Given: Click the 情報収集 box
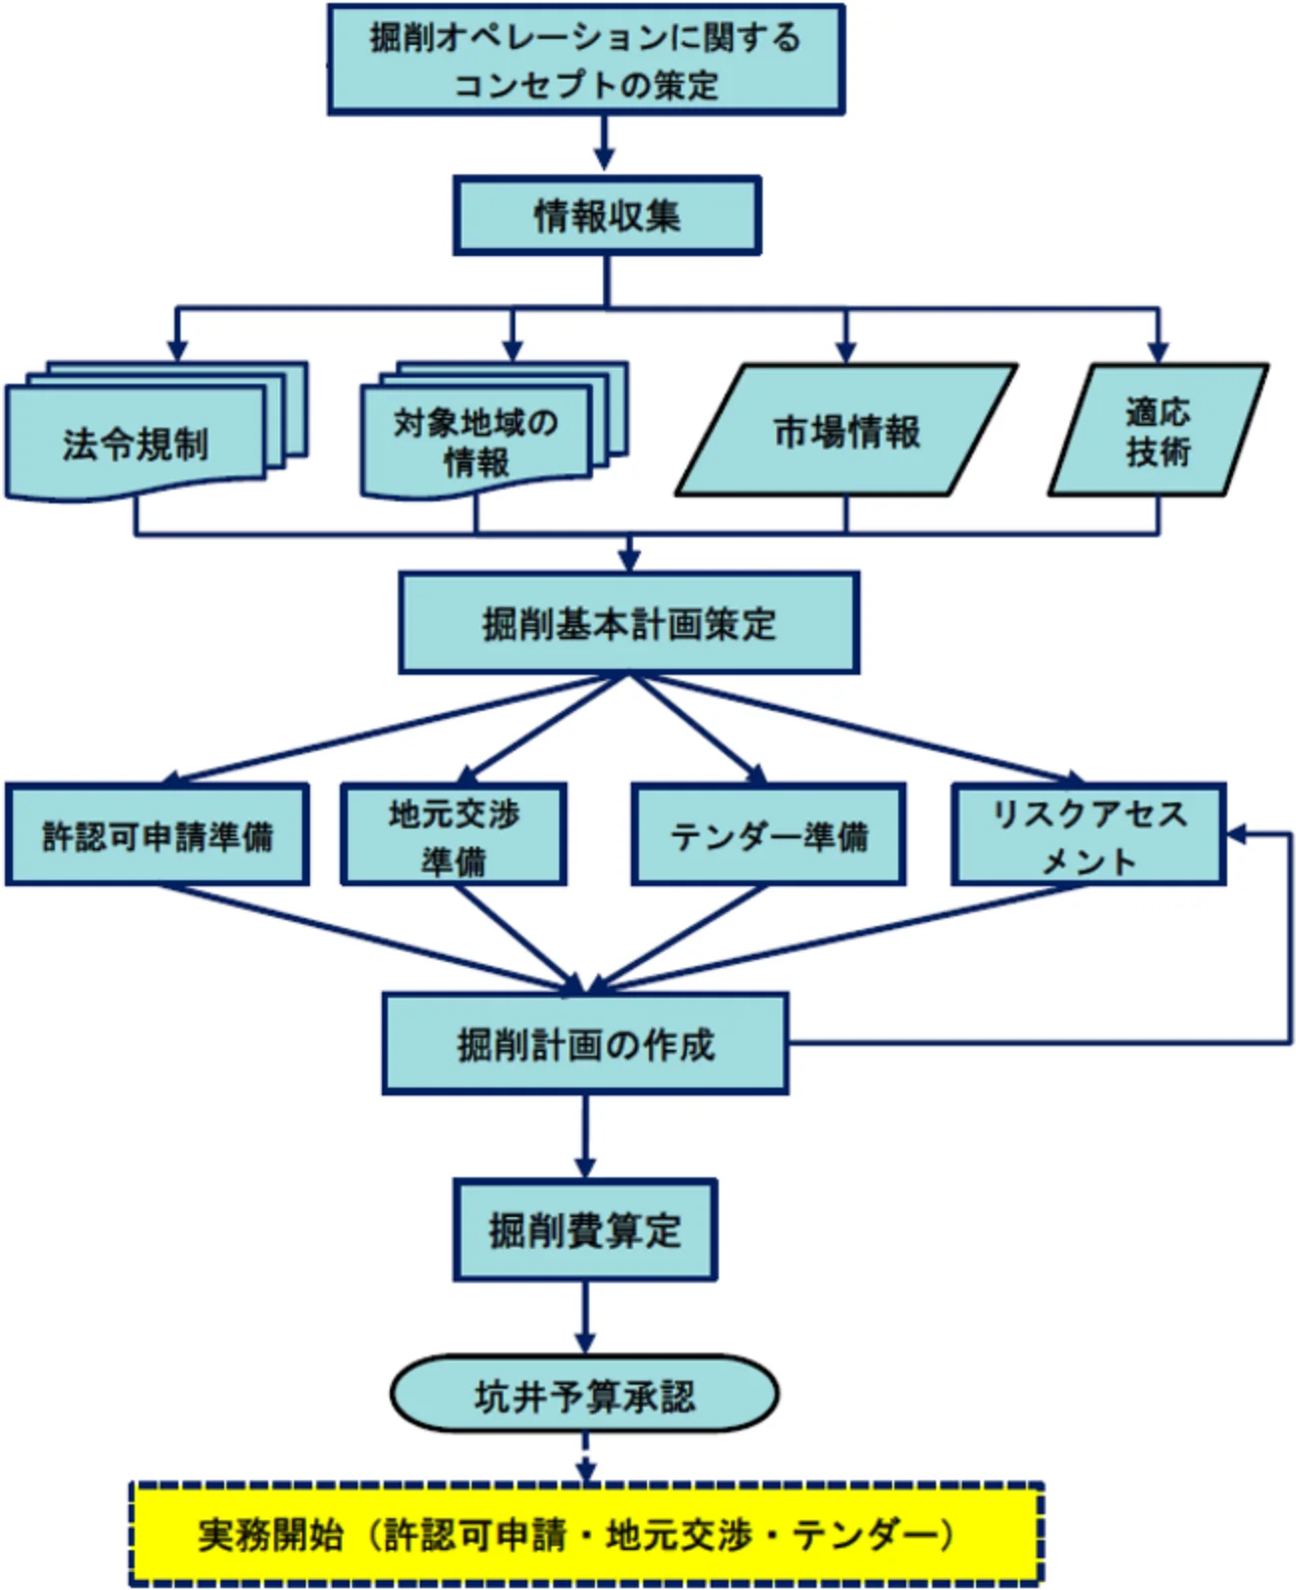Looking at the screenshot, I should [x=607, y=216].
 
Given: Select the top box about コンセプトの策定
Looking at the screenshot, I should [x=586, y=60].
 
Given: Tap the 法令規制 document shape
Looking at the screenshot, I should [x=136, y=444].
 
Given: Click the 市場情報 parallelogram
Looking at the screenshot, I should [x=846, y=431].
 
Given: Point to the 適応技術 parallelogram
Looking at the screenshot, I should [x=1157, y=431].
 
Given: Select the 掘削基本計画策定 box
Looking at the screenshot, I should [x=629, y=623].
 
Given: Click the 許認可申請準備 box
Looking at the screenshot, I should [x=158, y=835].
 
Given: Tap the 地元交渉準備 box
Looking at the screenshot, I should [x=454, y=835].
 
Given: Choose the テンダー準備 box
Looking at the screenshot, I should [x=769, y=835].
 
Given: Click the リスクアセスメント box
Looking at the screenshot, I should [x=1088, y=835].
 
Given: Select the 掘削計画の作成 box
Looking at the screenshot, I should [x=586, y=1044].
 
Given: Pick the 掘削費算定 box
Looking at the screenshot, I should [x=585, y=1230].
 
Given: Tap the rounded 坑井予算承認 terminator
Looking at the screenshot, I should [x=584, y=1395].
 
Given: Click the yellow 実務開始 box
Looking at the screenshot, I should [x=586, y=1534].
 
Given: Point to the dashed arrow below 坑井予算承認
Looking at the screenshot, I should [x=585, y=1458].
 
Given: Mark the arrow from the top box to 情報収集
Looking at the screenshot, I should [x=603, y=146].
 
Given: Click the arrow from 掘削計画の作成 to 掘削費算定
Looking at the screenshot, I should [x=585, y=1137].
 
